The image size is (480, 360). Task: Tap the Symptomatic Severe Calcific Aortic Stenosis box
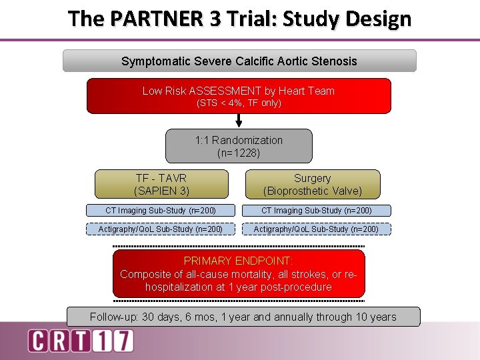tap(239, 61)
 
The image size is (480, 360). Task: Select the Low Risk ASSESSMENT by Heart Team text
tap(239, 91)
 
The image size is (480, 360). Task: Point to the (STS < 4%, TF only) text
tap(239, 103)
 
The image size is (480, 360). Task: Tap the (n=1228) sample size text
tap(239, 153)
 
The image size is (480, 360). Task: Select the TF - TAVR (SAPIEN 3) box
tap(161, 185)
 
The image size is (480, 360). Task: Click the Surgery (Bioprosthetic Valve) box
tap(312, 185)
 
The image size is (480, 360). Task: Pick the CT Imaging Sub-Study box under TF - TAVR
tap(161, 211)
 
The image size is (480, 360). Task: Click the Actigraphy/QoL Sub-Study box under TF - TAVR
tap(161, 229)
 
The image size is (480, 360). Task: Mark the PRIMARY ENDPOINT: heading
tap(239, 261)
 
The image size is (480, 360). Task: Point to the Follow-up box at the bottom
tap(243, 317)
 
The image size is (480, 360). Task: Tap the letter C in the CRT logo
tap(38, 341)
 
